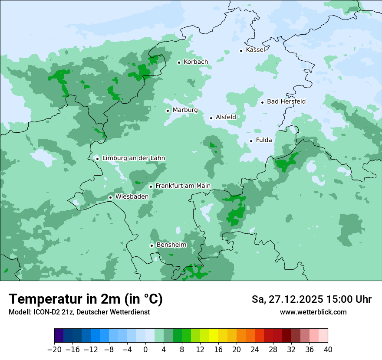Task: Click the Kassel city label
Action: tap(255, 50)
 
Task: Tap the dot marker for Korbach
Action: tap(179, 62)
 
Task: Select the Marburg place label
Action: tap(185, 110)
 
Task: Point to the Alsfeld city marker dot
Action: tap(211, 118)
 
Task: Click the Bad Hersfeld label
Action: tap(286, 101)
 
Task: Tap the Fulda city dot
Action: tap(251, 141)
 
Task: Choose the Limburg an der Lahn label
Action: tap(133, 158)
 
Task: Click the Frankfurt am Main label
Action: tap(183, 186)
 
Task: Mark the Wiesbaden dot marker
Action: tap(110, 197)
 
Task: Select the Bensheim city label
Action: tap(171, 245)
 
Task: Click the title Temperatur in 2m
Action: tap(86, 299)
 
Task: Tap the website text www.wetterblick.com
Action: tap(313, 312)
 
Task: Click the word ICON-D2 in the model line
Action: tap(43, 312)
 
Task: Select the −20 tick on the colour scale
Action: tap(54, 350)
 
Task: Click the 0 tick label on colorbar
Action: tap(145, 350)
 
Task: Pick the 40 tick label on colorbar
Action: tap(328, 350)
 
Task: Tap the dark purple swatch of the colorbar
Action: tap(59, 336)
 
